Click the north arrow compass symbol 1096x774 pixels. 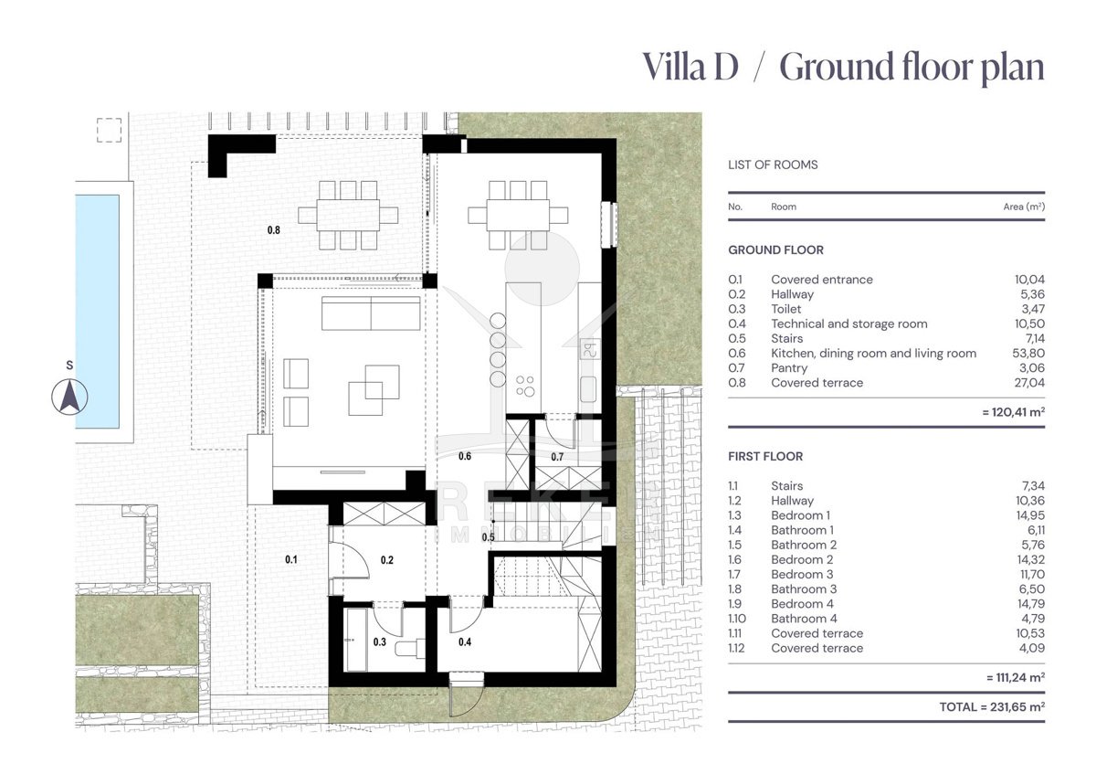[x=70, y=397]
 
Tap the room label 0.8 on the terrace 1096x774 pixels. [x=273, y=229]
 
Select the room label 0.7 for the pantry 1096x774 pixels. [x=557, y=457]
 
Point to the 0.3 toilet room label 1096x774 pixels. [x=380, y=641]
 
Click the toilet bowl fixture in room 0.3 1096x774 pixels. [x=409, y=648]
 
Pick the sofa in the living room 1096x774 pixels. [x=371, y=313]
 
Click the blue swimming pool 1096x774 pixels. [x=98, y=312]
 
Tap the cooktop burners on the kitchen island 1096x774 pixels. [x=525, y=386]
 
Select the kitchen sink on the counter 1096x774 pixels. [x=588, y=389]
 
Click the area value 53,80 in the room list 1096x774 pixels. [x=1028, y=353]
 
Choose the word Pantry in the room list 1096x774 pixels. [x=789, y=367]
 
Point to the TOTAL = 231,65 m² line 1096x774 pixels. [x=992, y=707]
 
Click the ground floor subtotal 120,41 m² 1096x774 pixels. [x=1013, y=412]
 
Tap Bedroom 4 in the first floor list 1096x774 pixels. [x=802, y=604]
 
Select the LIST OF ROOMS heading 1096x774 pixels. [x=773, y=164]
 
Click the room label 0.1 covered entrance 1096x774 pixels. [x=291, y=559]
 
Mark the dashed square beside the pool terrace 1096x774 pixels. [x=109, y=131]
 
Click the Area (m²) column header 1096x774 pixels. [x=1024, y=207]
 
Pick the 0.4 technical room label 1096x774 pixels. [x=465, y=641]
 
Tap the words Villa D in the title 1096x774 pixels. [x=690, y=67]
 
